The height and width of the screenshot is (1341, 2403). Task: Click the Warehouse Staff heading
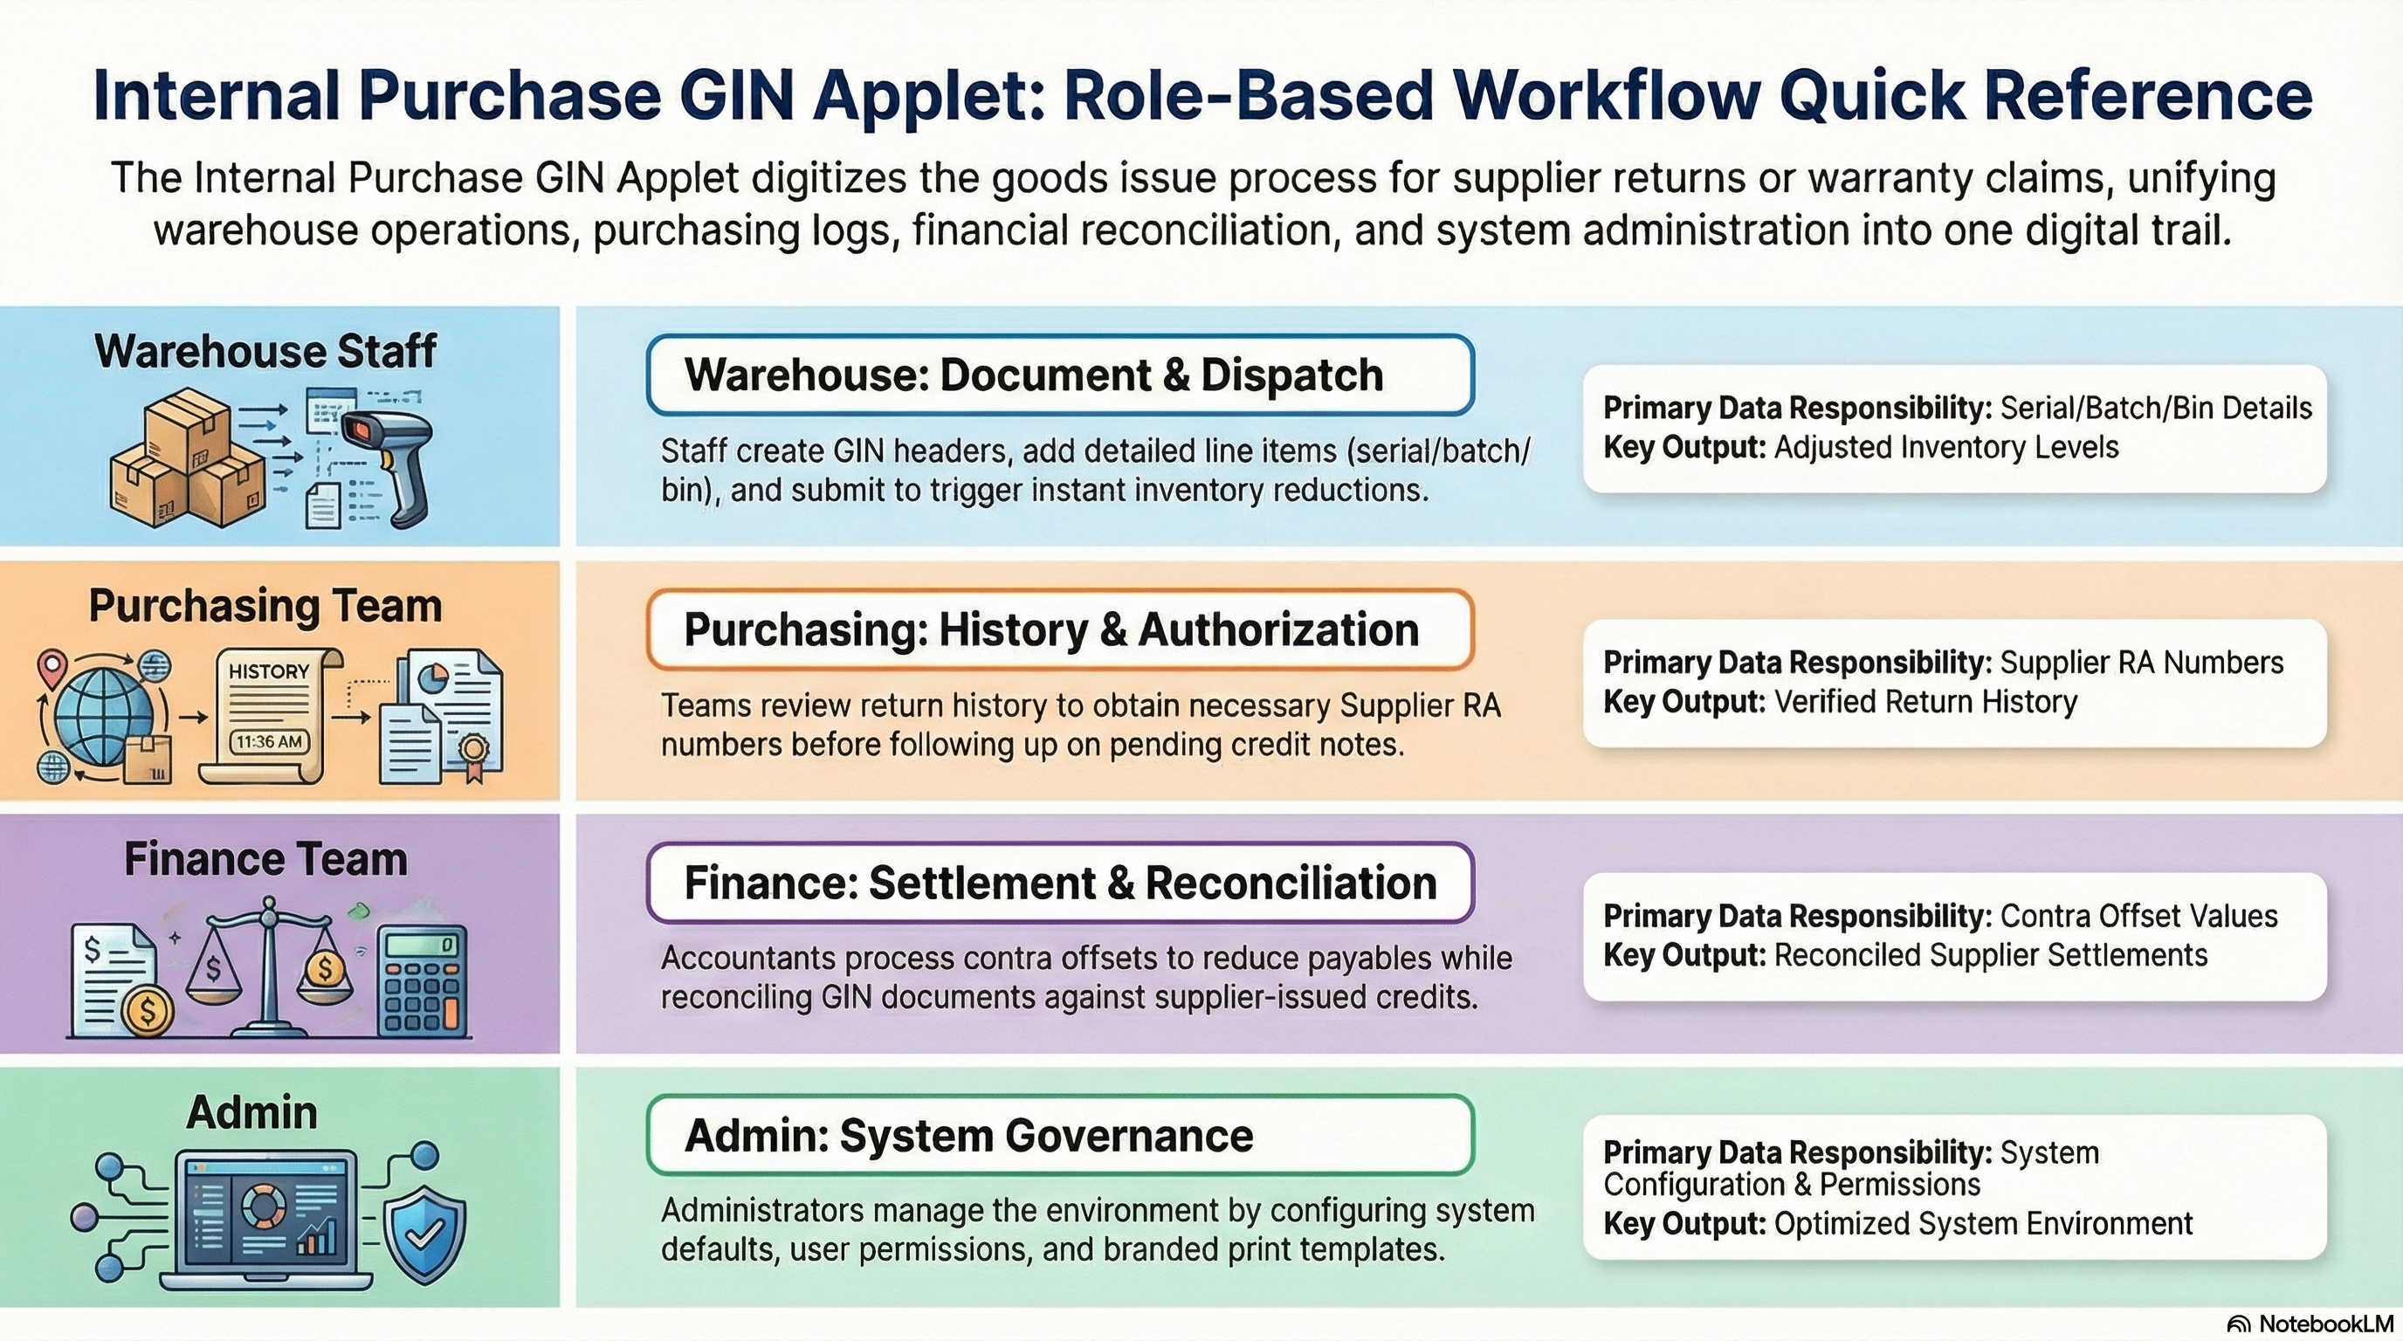pos(265,352)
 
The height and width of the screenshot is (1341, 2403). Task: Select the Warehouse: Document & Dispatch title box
pos(1059,375)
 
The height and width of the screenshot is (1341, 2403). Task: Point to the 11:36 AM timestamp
pos(269,742)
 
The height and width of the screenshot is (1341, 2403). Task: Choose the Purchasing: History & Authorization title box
pos(1059,629)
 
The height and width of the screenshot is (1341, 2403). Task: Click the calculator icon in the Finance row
pos(423,982)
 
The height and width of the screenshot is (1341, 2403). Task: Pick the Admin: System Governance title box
pos(1059,1136)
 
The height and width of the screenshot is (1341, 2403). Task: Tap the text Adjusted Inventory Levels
pos(1946,448)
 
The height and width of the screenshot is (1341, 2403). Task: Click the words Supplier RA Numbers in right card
pos(2142,663)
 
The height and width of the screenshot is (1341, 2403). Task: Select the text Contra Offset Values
pos(2139,917)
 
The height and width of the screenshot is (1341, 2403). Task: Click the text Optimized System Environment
pos(1983,1223)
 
